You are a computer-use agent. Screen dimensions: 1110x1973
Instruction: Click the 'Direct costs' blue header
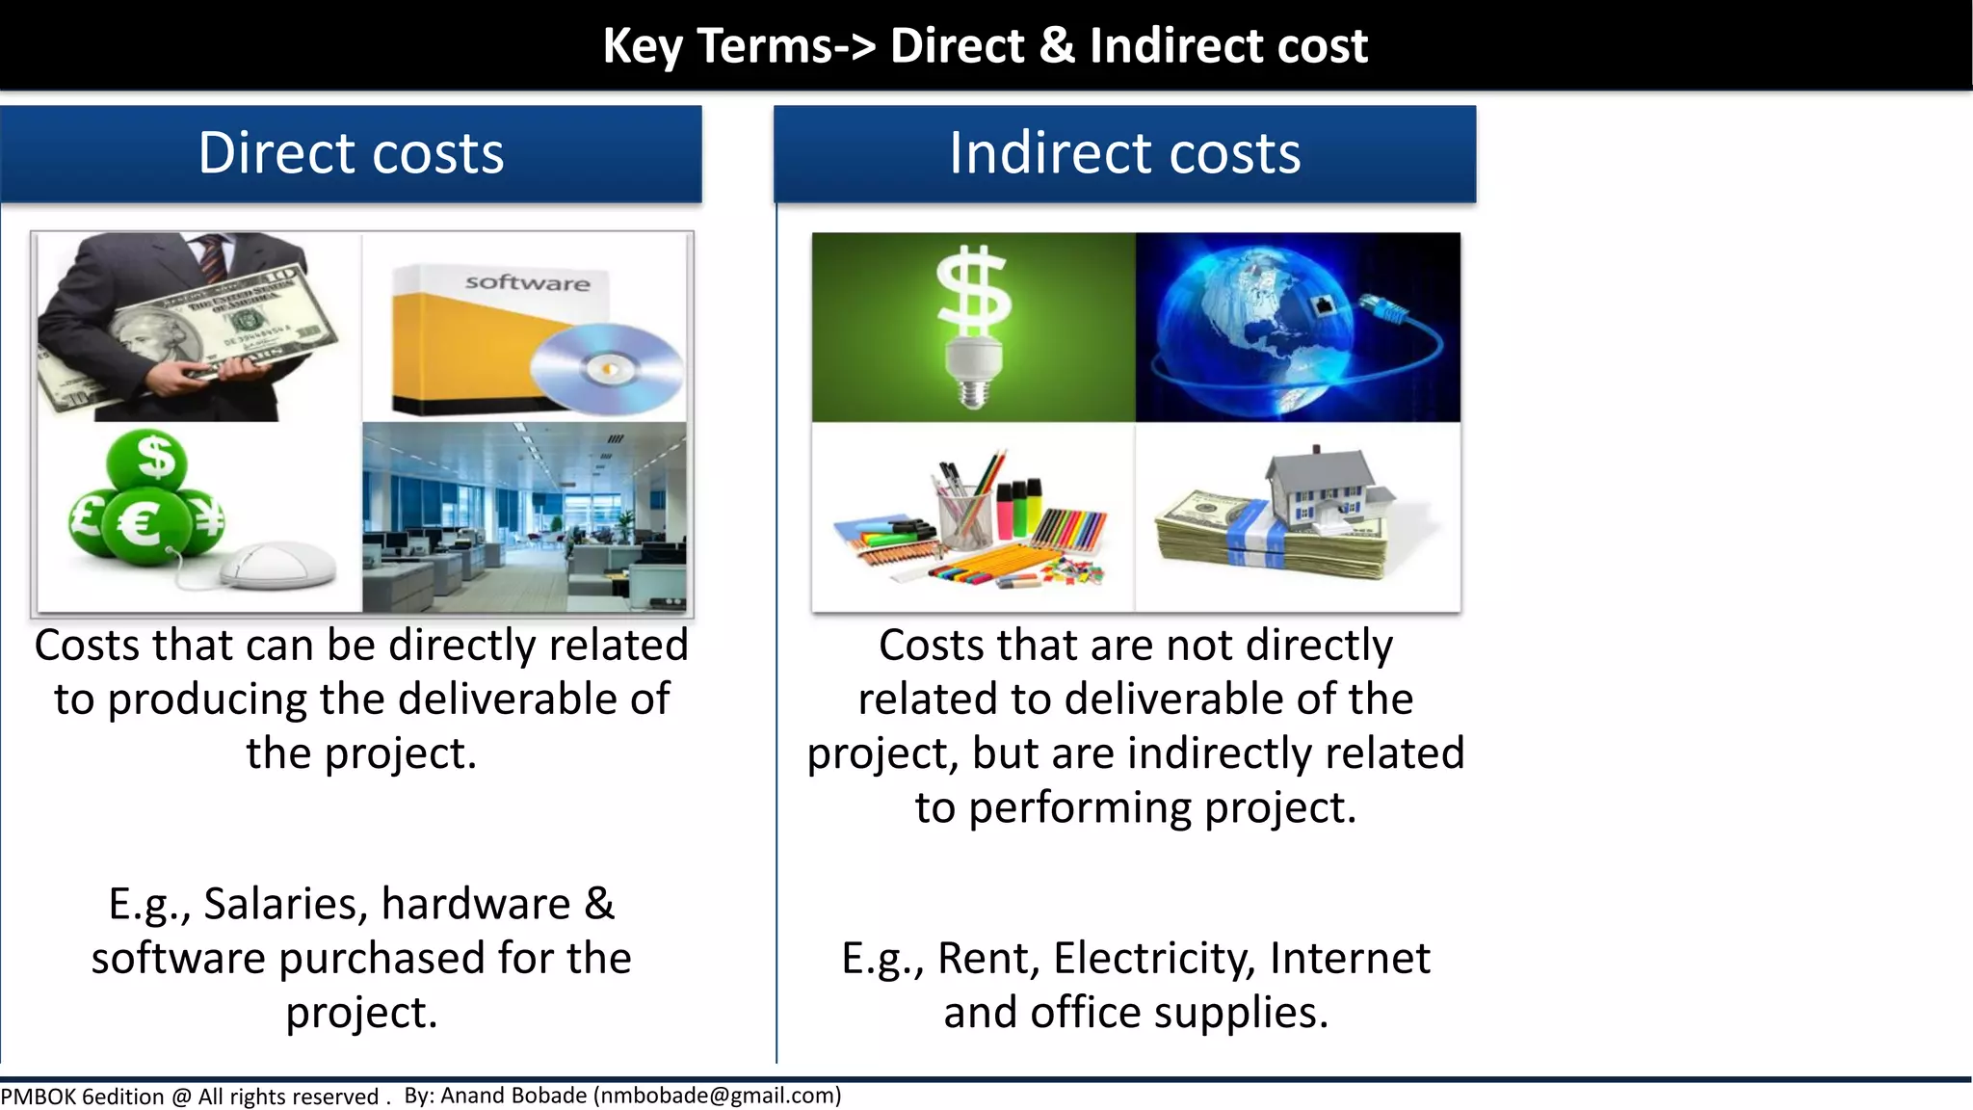(x=351, y=154)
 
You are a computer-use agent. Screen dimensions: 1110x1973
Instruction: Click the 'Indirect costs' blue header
(x=1124, y=154)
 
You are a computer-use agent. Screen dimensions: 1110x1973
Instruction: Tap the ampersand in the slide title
(x=1057, y=45)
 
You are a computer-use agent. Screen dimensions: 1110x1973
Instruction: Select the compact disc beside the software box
(x=606, y=368)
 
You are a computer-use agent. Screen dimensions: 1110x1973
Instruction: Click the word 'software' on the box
(x=527, y=282)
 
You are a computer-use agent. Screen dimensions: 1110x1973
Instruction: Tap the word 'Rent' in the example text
(x=987, y=959)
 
